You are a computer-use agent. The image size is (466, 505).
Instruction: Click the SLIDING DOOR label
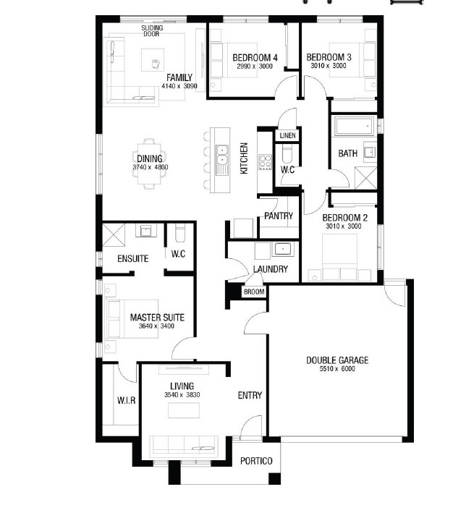(x=152, y=31)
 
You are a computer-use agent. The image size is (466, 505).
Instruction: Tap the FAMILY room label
(x=179, y=77)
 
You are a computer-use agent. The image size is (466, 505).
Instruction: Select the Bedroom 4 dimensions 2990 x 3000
(x=255, y=67)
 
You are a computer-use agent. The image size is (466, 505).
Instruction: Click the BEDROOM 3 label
(x=329, y=57)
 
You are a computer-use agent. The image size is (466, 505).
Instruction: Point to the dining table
(x=150, y=164)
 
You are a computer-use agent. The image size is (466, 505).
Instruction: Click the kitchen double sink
(x=222, y=155)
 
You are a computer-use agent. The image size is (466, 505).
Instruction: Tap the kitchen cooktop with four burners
(x=265, y=162)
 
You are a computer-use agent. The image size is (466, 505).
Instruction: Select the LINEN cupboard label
(x=287, y=135)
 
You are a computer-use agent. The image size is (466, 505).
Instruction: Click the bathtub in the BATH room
(x=354, y=126)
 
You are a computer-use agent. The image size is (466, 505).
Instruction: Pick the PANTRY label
(x=279, y=216)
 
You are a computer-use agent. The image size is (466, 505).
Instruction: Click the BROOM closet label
(x=254, y=292)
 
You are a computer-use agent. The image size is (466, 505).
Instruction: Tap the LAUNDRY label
(x=270, y=269)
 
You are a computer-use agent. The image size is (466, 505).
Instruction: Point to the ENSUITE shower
(x=113, y=235)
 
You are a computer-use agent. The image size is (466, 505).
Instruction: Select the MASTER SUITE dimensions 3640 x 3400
(x=156, y=326)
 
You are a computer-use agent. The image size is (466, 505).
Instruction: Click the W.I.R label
(x=126, y=401)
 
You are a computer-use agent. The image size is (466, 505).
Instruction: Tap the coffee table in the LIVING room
(x=184, y=410)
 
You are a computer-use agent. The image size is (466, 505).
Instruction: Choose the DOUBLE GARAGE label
(x=337, y=360)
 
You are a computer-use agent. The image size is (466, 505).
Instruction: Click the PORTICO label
(x=256, y=461)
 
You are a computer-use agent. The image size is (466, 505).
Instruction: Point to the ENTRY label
(x=250, y=395)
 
